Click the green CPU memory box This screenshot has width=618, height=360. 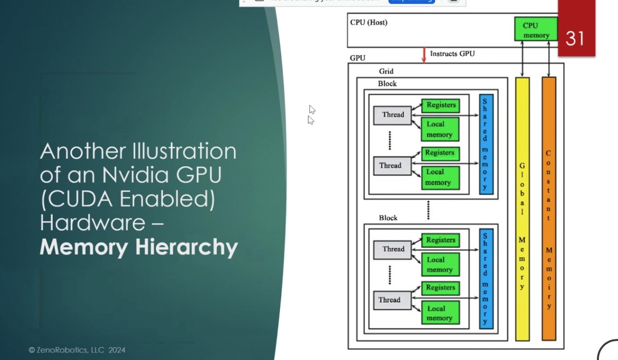pyautogui.click(x=536, y=29)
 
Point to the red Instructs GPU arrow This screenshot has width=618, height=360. pyautogui.click(x=424, y=55)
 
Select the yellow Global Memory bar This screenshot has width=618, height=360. pyautogui.click(x=522, y=209)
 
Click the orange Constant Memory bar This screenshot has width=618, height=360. pyautogui.click(x=549, y=209)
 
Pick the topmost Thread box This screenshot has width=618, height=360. pyautogui.click(x=392, y=115)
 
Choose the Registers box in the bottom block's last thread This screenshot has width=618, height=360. pyautogui.click(x=440, y=288)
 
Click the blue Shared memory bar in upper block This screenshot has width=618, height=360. pyautogui.click(x=486, y=144)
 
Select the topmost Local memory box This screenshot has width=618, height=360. pyautogui.click(x=439, y=129)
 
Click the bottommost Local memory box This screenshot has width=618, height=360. pyautogui.click(x=439, y=313)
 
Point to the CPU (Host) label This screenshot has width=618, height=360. pyautogui.click(x=369, y=23)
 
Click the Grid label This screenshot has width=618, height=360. pyautogui.click(x=386, y=72)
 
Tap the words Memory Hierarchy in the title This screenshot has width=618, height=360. pyautogui.click(x=139, y=248)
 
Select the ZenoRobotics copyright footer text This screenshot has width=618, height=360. pyautogui.click(x=77, y=350)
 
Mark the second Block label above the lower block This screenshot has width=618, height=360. pyautogui.click(x=388, y=218)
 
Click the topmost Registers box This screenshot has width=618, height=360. pyautogui.click(x=441, y=105)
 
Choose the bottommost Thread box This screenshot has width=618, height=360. pyautogui.click(x=389, y=300)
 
